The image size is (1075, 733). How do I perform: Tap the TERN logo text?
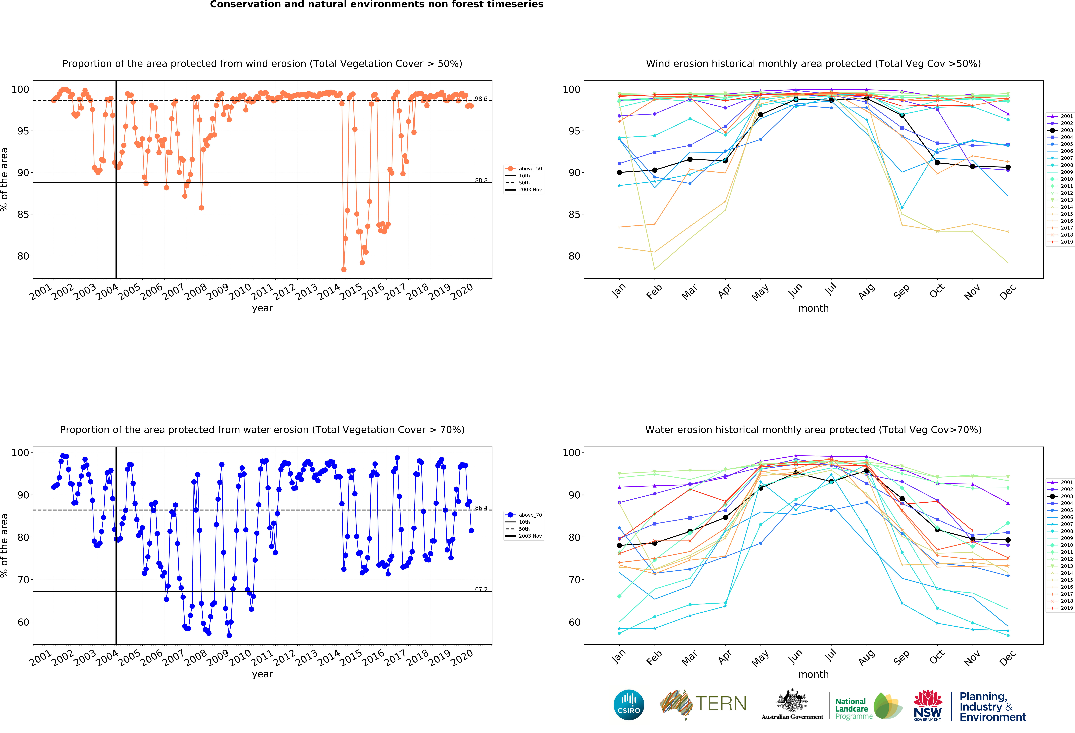point(721,704)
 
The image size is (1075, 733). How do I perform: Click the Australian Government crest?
point(792,701)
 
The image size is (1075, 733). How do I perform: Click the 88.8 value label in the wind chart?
point(481,181)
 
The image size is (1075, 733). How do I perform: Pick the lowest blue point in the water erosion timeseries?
point(229,635)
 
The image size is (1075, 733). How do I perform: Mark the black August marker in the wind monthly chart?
point(866,99)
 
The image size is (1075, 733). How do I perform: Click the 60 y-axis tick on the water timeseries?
point(23,622)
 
